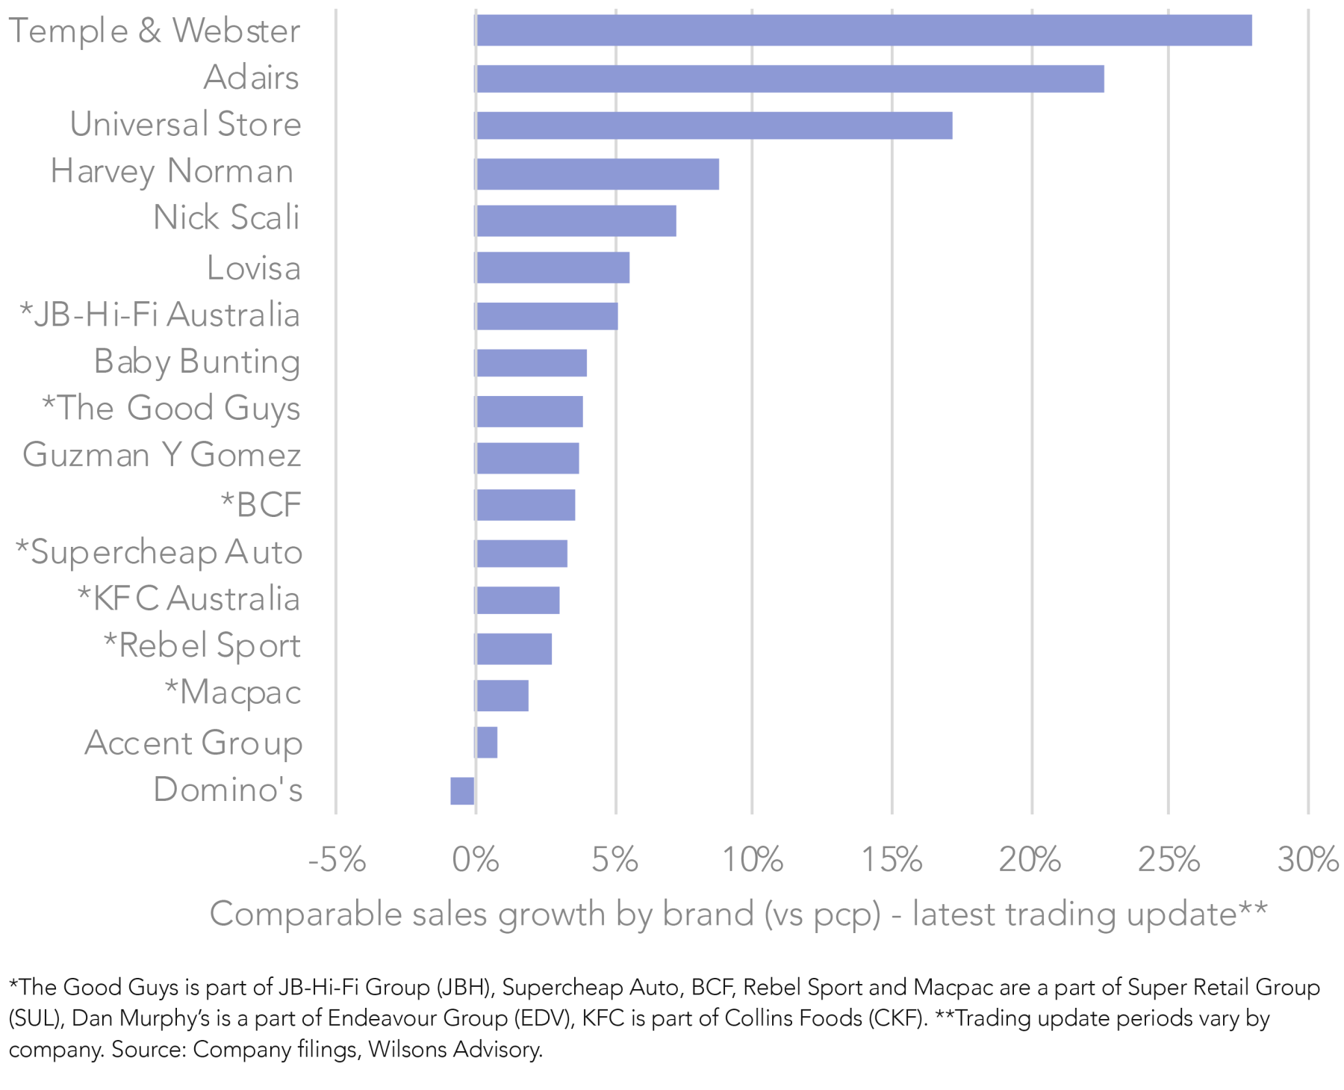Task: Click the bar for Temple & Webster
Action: click(x=863, y=31)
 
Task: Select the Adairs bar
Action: click(x=789, y=78)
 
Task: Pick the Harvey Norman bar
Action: click(x=597, y=173)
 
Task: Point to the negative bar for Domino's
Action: click(x=462, y=790)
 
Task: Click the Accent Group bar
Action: click(x=486, y=743)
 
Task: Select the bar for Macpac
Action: click(x=502, y=696)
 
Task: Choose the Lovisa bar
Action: click(x=552, y=267)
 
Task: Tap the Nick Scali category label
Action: click(x=226, y=217)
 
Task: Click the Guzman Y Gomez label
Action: click(x=162, y=454)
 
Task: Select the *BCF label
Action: click(x=261, y=504)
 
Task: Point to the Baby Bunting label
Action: click(x=197, y=362)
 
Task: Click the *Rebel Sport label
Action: click(x=202, y=645)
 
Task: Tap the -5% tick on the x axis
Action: click(x=337, y=860)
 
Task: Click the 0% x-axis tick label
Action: click(x=476, y=860)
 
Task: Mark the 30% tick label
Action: click(x=1308, y=860)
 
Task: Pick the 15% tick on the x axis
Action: click(x=892, y=860)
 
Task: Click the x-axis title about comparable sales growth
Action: click(x=738, y=914)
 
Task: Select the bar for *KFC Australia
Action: click(x=517, y=600)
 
